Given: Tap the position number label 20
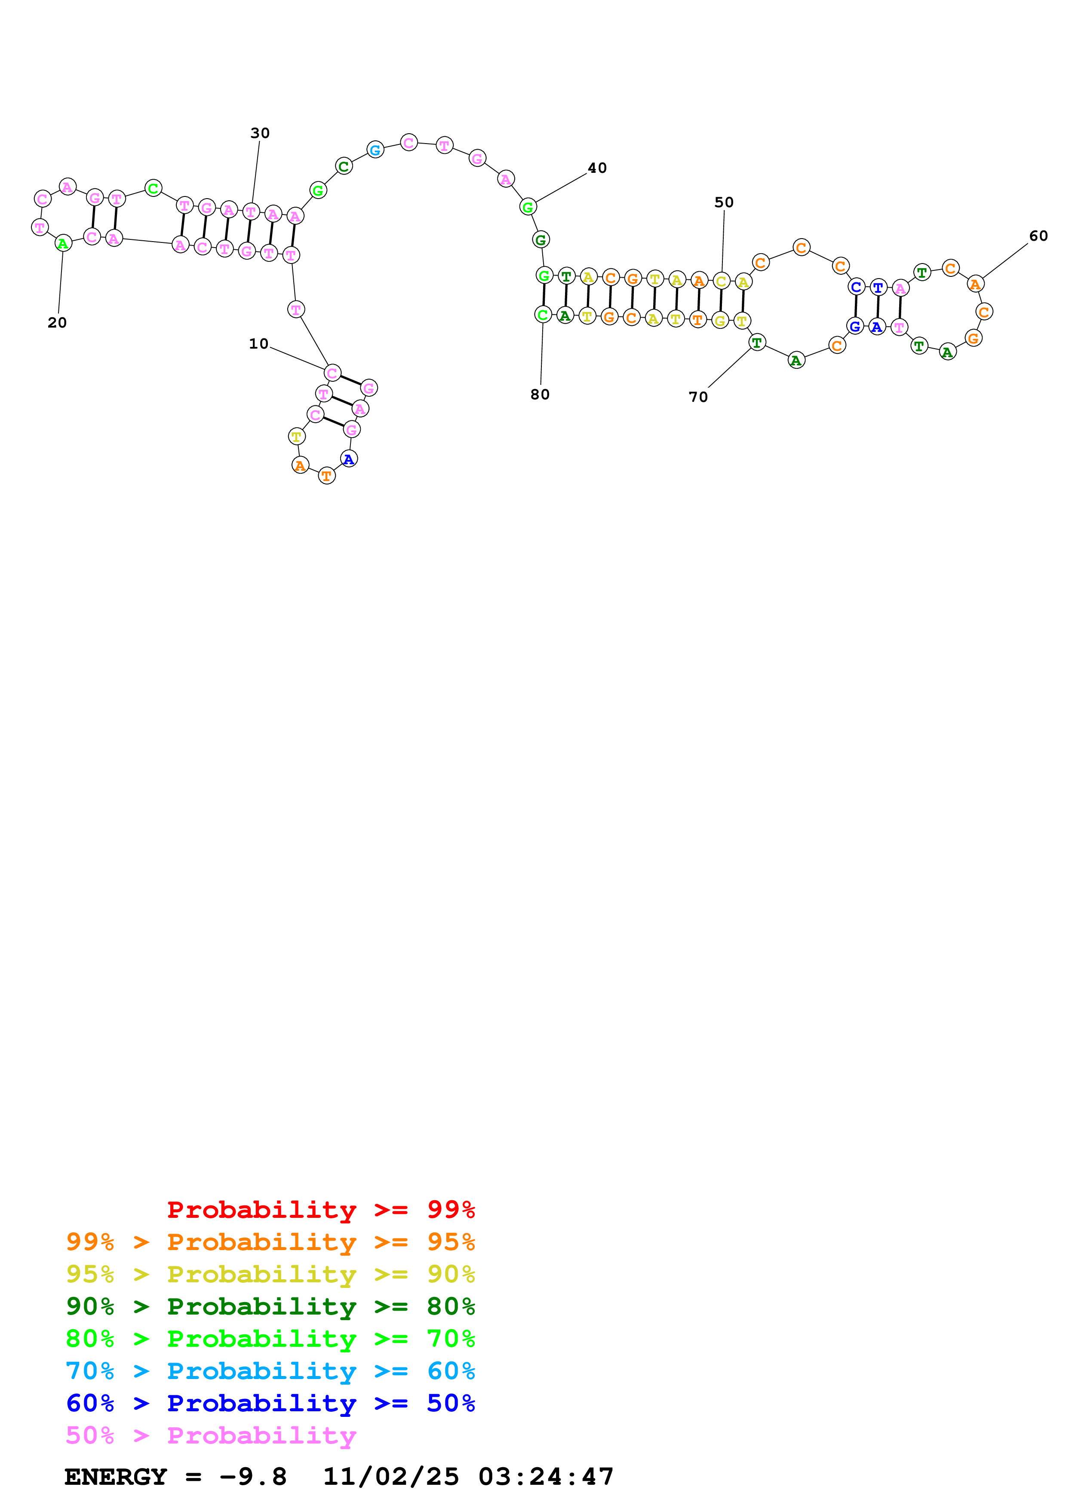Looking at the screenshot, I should pos(57,322).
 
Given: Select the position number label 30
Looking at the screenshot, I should pos(260,133).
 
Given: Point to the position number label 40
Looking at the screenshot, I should pos(597,168).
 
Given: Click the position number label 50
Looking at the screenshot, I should pos(724,202).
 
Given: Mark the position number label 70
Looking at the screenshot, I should pos(698,397).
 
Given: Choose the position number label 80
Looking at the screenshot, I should pos(540,394).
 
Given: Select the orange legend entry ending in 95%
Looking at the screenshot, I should pos(270,1242).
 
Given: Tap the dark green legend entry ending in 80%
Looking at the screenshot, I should pos(270,1306).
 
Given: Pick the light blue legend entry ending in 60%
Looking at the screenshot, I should pos(270,1371).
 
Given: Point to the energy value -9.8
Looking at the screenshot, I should pos(253,1477).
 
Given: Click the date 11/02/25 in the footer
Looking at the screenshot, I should pos(391,1477).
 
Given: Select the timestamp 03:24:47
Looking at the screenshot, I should pos(546,1477).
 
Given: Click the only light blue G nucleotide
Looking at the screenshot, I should pos(375,150).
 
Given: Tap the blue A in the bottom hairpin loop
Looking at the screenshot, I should pos(349,459).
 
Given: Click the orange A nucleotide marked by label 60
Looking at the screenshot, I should pos(975,285).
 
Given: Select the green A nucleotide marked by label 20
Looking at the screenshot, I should pos(63,244).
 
